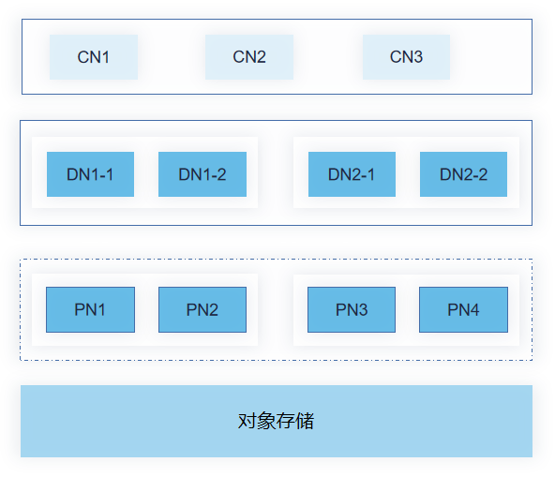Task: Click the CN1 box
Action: tap(94, 57)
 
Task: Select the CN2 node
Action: tap(249, 57)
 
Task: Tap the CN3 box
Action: tap(406, 57)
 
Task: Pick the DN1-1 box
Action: tap(90, 174)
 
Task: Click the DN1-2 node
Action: tap(202, 174)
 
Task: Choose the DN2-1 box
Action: tap(352, 174)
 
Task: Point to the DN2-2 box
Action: tap(463, 174)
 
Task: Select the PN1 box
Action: tap(90, 309)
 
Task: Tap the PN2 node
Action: tap(202, 309)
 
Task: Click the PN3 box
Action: tap(352, 309)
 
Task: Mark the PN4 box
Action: tap(463, 309)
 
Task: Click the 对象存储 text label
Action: tap(276, 421)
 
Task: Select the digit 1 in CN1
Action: tap(105, 57)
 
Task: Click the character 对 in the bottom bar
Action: tap(247, 421)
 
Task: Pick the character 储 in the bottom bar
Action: tap(305, 421)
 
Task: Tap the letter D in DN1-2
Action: tap(185, 174)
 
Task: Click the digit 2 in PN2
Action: tap(213, 309)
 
